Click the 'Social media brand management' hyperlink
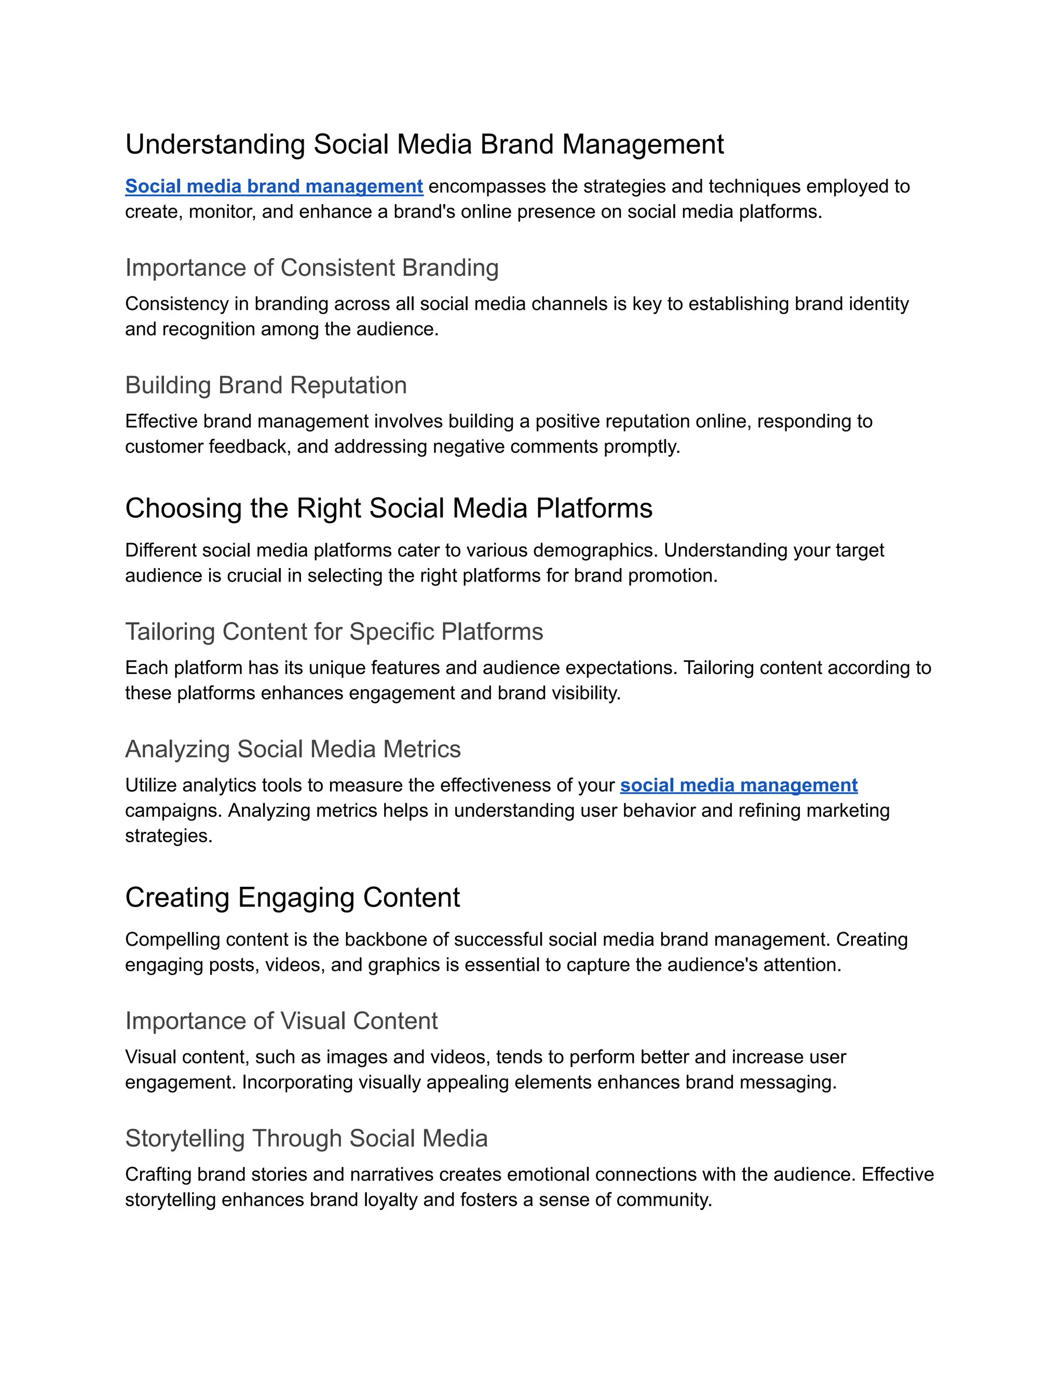click(274, 186)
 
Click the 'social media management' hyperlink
click(738, 785)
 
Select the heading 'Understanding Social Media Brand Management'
click(425, 144)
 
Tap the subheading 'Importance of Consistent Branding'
click(312, 268)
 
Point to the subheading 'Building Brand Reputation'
click(266, 385)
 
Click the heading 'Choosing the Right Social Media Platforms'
click(389, 508)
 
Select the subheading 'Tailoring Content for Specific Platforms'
click(334, 631)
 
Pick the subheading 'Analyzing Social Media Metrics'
click(293, 749)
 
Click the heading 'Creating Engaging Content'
click(292, 898)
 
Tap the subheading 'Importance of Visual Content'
click(281, 1021)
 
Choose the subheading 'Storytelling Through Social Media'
click(306, 1139)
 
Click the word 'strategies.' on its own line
click(169, 836)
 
